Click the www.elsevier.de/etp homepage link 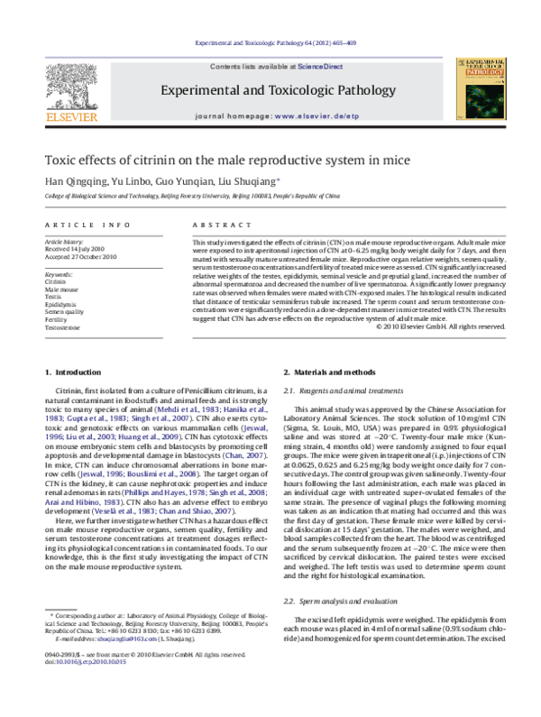tap(313, 116)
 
